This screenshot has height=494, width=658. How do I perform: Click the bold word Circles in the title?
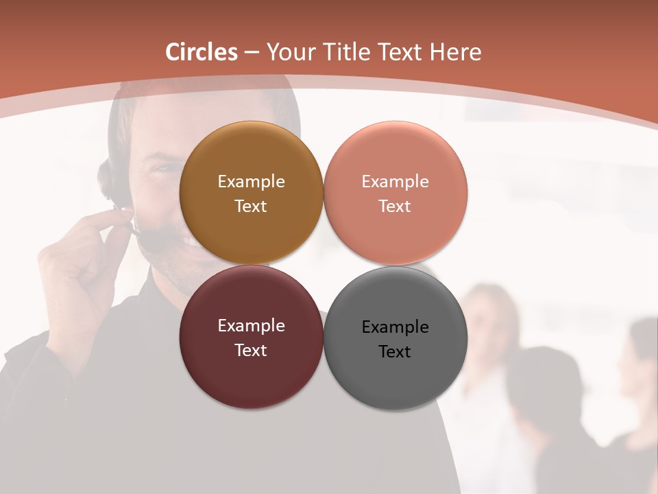click(x=202, y=52)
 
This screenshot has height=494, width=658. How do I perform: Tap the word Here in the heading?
click(x=454, y=52)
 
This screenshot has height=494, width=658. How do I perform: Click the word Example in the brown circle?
click(x=251, y=182)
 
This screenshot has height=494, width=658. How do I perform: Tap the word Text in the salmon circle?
click(x=395, y=207)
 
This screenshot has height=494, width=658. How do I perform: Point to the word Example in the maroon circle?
click(x=251, y=326)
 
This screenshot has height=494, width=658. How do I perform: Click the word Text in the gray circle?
click(x=395, y=352)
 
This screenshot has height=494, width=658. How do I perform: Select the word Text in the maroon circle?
click(x=251, y=351)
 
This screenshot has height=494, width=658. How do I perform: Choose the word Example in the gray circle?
click(x=395, y=327)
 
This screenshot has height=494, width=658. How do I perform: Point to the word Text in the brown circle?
click(x=251, y=207)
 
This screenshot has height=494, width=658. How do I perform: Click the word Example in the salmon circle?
click(x=395, y=182)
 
